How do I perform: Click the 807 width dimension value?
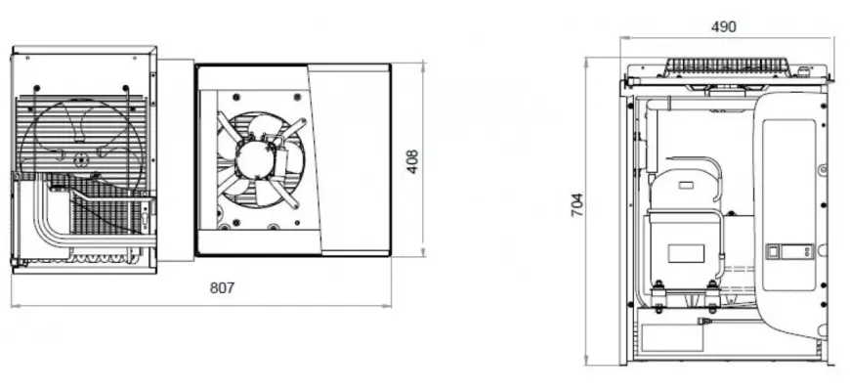pos(222,288)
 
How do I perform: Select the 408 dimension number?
pos(412,161)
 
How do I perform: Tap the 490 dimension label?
pos(724,26)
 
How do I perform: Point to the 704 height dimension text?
pos(577,205)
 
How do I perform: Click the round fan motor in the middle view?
pos(254,158)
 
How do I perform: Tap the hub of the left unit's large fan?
pos(81,160)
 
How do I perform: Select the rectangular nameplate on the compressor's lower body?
pos(686,253)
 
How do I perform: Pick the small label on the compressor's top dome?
pos(686,186)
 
